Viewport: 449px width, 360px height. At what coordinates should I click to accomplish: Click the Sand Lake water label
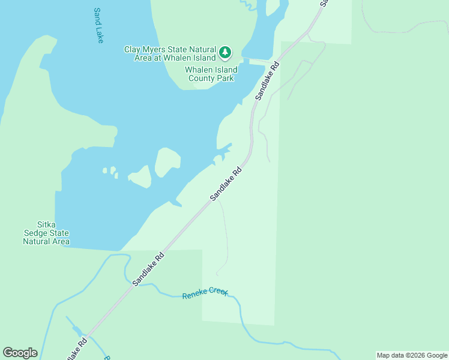click(98, 25)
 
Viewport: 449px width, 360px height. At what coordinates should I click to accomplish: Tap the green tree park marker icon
click(225, 53)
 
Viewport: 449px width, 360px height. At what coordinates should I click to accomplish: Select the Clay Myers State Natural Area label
click(170, 53)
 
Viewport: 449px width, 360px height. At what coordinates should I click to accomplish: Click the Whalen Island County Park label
click(211, 74)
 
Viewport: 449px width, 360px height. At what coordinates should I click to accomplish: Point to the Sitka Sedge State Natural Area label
click(46, 233)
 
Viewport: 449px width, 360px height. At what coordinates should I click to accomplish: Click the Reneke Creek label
click(205, 294)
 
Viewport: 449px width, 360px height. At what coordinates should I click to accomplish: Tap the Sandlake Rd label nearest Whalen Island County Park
click(267, 80)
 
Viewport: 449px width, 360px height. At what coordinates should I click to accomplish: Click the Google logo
click(20, 353)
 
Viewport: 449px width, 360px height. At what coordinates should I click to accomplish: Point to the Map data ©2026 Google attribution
click(412, 355)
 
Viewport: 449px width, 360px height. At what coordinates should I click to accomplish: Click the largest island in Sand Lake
click(167, 161)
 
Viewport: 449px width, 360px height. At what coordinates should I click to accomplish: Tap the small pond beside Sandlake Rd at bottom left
click(77, 329)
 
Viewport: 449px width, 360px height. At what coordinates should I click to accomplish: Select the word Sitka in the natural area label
click(46, 225)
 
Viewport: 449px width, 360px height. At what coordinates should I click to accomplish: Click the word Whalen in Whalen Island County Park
click(199, 70)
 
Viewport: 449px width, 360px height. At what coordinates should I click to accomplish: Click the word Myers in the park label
click(158, 49)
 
